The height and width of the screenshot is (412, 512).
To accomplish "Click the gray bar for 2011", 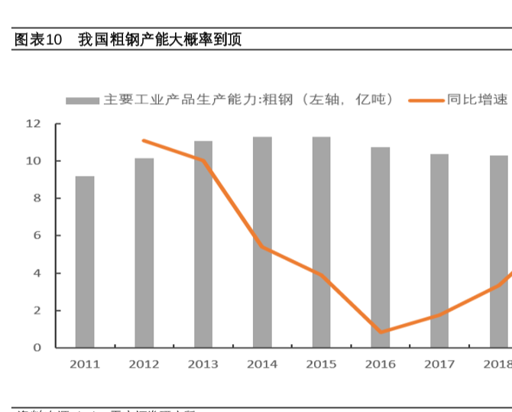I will coord(85,261).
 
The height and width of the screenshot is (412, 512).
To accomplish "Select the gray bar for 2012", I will coord(144,252).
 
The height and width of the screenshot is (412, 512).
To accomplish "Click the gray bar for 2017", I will coord(439,251).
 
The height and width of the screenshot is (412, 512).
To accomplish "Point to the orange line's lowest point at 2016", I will coord(380,333).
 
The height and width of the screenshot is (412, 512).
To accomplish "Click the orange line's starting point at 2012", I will coord(144,141).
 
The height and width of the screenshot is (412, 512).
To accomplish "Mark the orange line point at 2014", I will coord(262,247).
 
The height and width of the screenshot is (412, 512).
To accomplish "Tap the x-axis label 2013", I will coord(203,365).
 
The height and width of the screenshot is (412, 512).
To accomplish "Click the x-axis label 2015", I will coord(321,365).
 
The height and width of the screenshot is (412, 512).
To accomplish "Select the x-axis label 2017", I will coord(439,365).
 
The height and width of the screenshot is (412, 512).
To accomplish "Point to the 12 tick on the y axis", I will coord(33,124).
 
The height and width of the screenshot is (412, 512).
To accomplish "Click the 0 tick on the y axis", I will coord(37,348).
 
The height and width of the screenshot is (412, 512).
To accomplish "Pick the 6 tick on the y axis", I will coord(37,236).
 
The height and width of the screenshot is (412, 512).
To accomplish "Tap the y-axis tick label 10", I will coord(33,161).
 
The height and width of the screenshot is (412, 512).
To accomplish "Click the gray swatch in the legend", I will coord(82,100).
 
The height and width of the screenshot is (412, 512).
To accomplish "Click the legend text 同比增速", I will coord(477,100).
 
